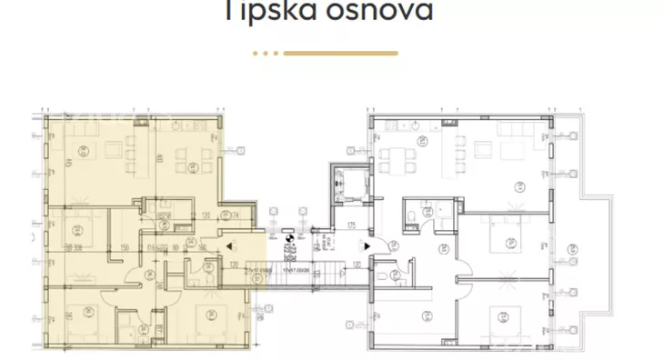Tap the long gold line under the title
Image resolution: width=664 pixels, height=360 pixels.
click(340, 54)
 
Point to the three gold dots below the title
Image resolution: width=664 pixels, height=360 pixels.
click(265, 54)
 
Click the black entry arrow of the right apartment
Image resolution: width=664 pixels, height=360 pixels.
click(366, 245)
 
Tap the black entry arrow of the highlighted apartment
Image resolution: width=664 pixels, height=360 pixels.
click(233, 245)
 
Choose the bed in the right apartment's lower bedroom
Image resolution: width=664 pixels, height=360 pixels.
click(501, 317)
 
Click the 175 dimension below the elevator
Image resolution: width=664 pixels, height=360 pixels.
click(350, 225)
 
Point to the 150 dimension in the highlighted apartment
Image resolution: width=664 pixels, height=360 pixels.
click(124, 246)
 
